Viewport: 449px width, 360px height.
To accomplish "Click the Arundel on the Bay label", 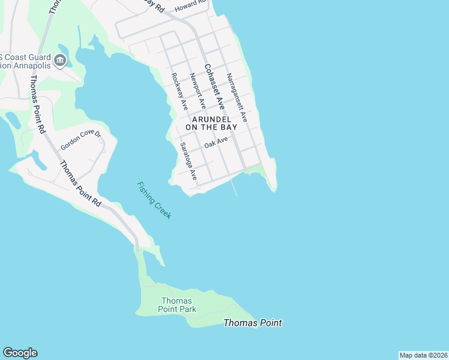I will pos(211,123).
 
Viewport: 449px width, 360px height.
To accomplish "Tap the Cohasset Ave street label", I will pos(214,86).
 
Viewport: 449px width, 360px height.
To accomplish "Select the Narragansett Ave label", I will pos(237,98).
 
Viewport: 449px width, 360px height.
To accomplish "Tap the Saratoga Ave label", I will pos(188,161).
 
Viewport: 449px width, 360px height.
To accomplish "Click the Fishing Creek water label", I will pos(154,200).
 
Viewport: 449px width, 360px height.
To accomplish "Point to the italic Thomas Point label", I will pos(252,323).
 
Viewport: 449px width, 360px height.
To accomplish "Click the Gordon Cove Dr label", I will pos(82,140).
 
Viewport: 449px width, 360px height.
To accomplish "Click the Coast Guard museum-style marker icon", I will pos(59,60).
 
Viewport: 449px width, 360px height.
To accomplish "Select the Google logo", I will pos(20,353).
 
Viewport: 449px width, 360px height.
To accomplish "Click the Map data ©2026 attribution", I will pos(423,355).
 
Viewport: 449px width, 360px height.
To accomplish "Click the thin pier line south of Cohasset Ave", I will pos(234,187).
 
